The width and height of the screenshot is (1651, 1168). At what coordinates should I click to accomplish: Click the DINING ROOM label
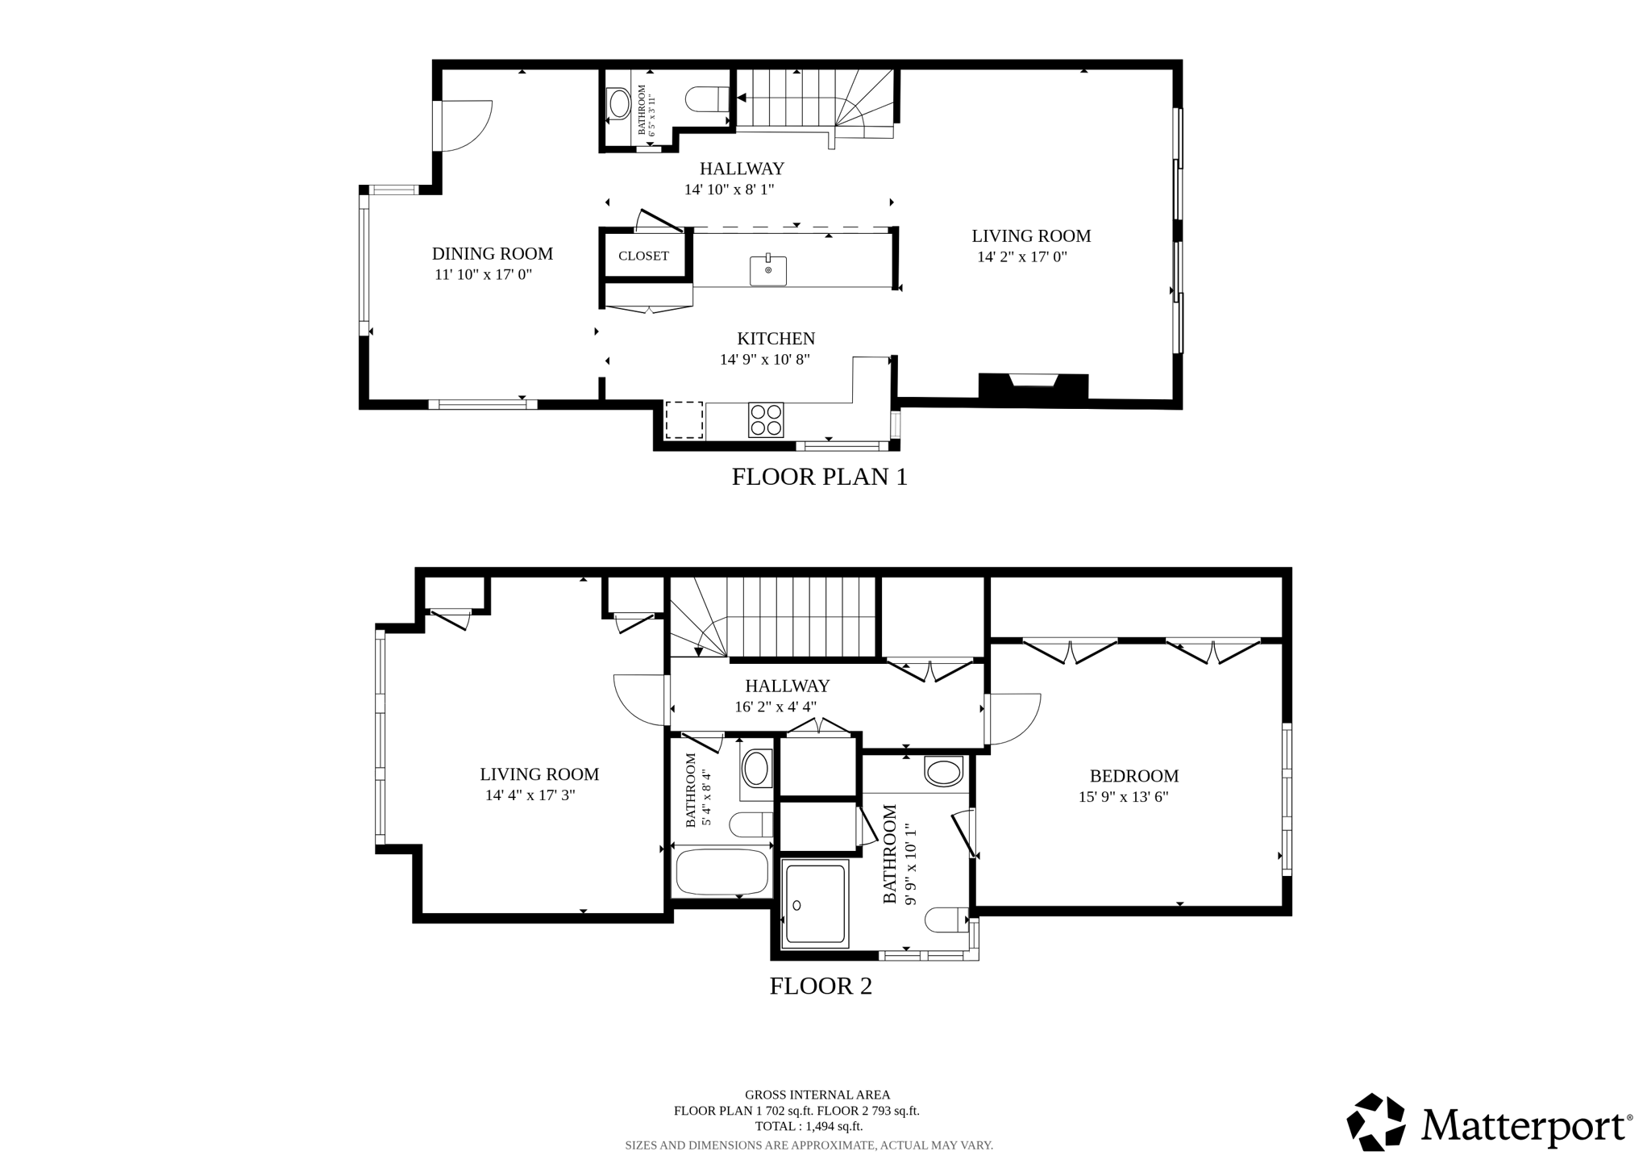(492, 253)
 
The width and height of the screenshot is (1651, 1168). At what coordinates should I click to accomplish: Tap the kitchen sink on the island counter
(768, 270)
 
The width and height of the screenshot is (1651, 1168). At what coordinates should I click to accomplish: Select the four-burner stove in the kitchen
(765, 419)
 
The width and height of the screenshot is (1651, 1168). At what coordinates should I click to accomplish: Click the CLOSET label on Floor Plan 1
(643, 256)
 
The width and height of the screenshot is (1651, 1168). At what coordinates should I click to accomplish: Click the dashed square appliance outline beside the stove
(684, 419)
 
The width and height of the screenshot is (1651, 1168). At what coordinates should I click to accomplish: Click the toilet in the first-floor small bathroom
(706, 100)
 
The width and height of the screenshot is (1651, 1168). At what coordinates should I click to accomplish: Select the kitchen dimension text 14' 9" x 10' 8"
(764, 360)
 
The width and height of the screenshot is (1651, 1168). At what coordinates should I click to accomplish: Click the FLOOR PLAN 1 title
(819, 477)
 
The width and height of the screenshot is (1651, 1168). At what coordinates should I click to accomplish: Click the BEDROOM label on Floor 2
(1133, 776)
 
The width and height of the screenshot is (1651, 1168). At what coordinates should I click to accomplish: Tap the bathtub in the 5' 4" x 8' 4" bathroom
(722, 871)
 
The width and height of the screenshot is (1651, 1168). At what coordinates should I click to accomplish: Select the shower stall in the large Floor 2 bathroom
(816, 903)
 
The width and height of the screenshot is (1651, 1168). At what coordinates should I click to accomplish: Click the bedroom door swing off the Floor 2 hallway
(1014, 719)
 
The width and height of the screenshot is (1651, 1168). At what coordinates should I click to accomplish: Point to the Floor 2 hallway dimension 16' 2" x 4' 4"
(775, 707)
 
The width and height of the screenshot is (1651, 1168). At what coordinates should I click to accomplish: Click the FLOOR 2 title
(820, 986)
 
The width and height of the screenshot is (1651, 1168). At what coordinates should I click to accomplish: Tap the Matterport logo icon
(1376, 1121)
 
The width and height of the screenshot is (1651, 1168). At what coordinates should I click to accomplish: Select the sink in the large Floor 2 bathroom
(943, 772)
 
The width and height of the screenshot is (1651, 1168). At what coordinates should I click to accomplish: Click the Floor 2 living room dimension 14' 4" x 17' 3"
(530, 795)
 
